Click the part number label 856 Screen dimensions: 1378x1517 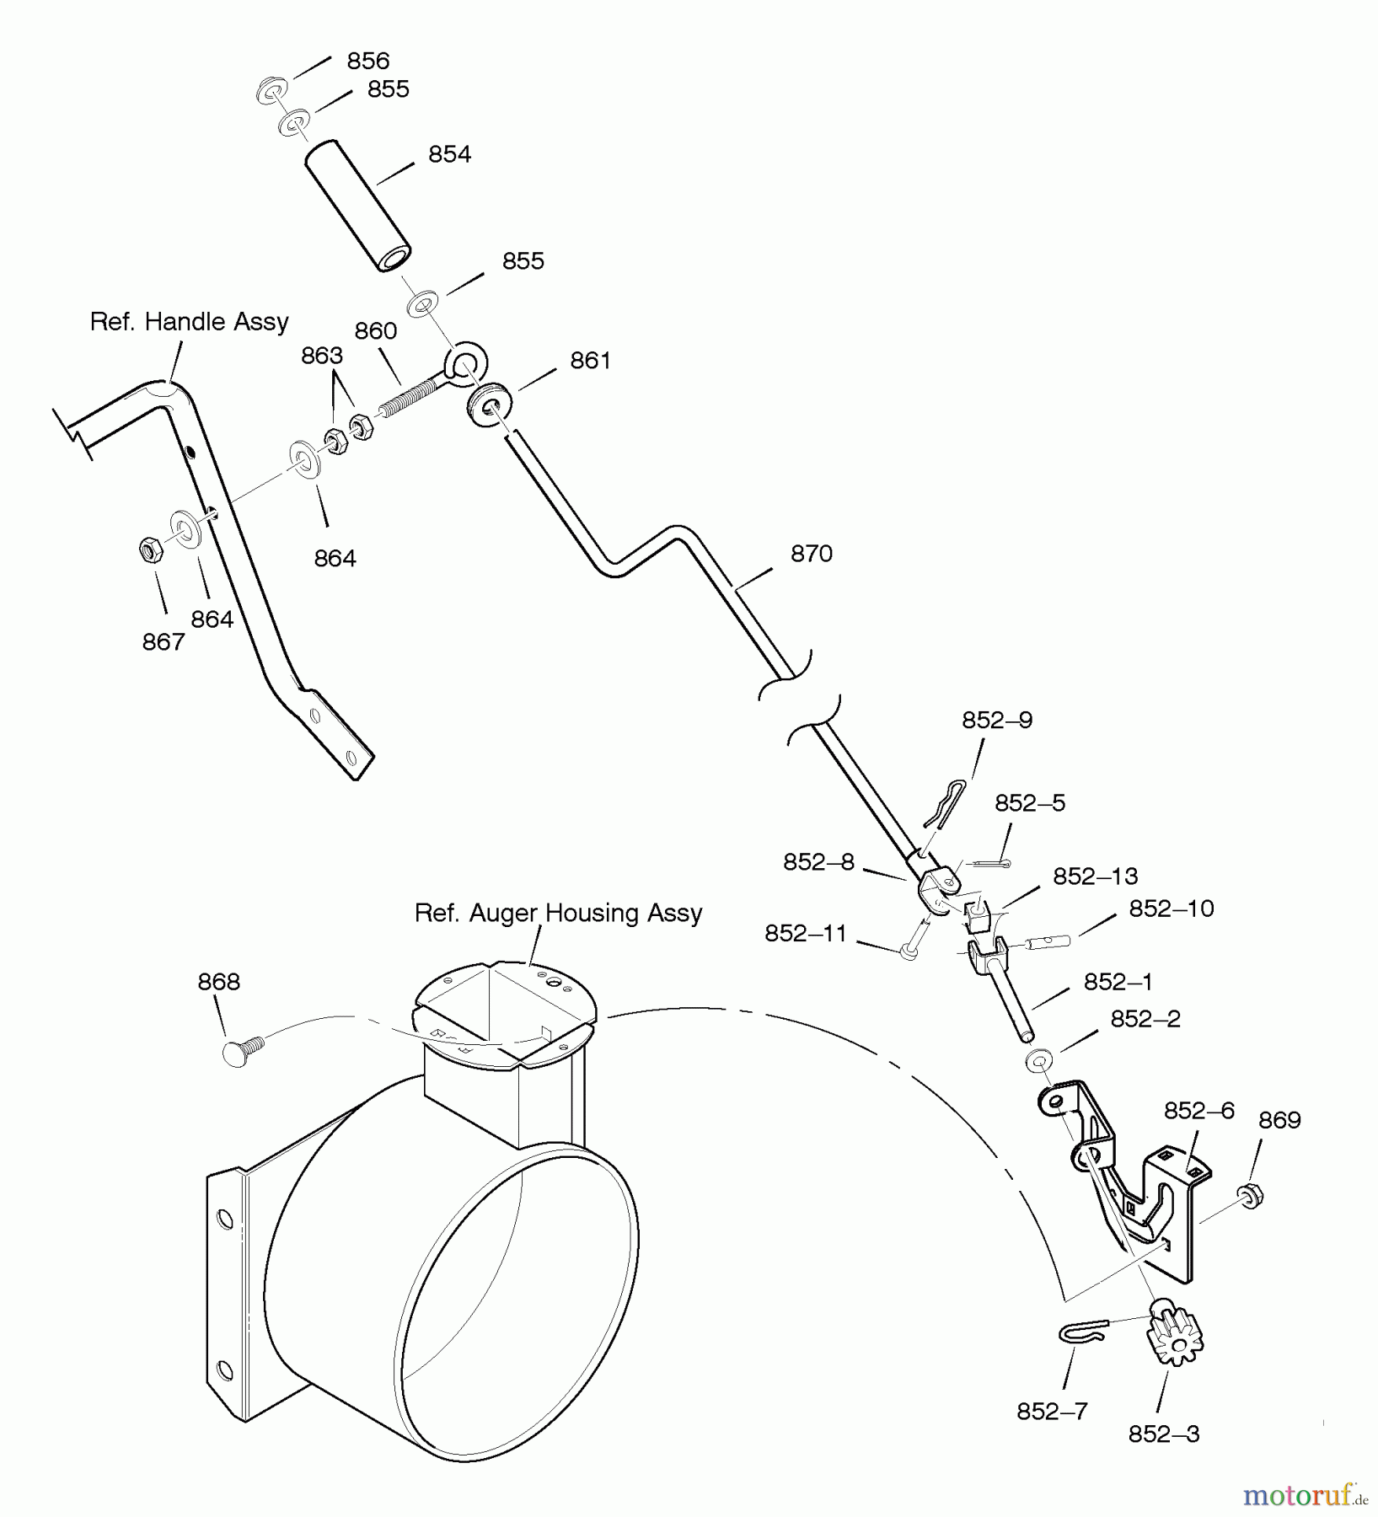pos(368,61)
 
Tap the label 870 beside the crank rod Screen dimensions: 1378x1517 pos(812,554)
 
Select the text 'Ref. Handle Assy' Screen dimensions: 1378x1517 pos(190,322)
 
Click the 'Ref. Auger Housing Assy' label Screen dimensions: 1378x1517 pos(559,914)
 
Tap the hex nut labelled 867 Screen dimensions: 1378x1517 pos(151,550)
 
